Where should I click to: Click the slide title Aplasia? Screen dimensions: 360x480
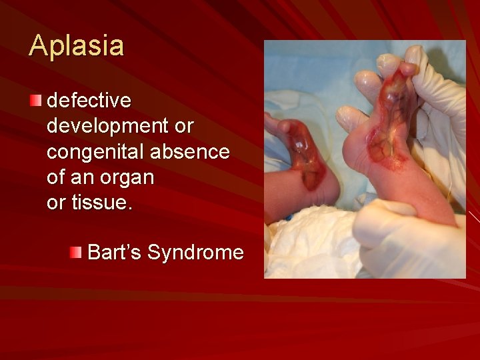pyautogui.click(x=76, y=46)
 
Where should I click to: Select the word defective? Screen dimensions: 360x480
pyautogui.click(x=89, y=101)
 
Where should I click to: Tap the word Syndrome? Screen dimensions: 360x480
pyautogui.click(x=195, y=253)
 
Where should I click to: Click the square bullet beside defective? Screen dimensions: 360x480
pyautogui.click(x=35, y=101)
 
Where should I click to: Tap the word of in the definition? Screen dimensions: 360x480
pyautogui.click(x=57, y=177)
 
